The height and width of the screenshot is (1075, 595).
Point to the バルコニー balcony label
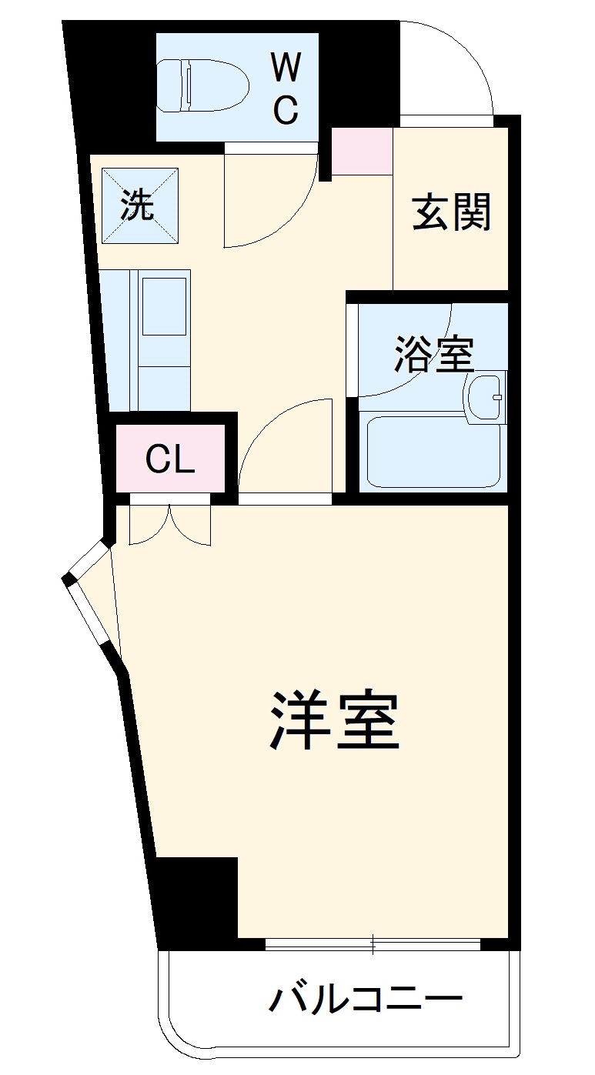click(365, 1000)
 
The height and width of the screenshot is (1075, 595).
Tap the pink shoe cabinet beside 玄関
click(363, 151)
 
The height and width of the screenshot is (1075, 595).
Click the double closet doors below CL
click(170, 523)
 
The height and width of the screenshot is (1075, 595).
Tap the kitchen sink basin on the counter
click(164, 305)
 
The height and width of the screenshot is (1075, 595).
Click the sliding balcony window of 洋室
click(373, 943)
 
